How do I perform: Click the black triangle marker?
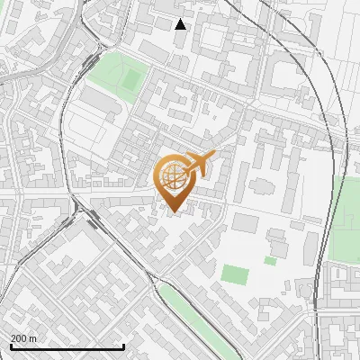pos(181,24)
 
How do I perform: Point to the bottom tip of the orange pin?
pos(174,213)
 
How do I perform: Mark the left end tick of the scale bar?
pos(11,346)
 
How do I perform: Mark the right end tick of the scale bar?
pos(123,346)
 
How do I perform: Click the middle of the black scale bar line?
pos(67,347)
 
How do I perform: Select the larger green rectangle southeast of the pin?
pos(234,274)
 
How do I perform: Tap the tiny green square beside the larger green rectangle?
pos(270,261)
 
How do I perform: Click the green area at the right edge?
pos(346,216)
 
